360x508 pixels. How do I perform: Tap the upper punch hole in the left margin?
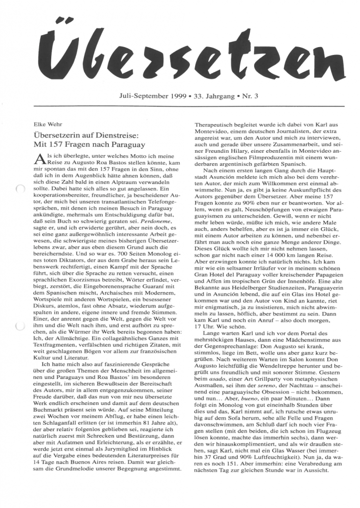coord(19,188)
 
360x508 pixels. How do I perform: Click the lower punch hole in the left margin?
coord(19,326)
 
